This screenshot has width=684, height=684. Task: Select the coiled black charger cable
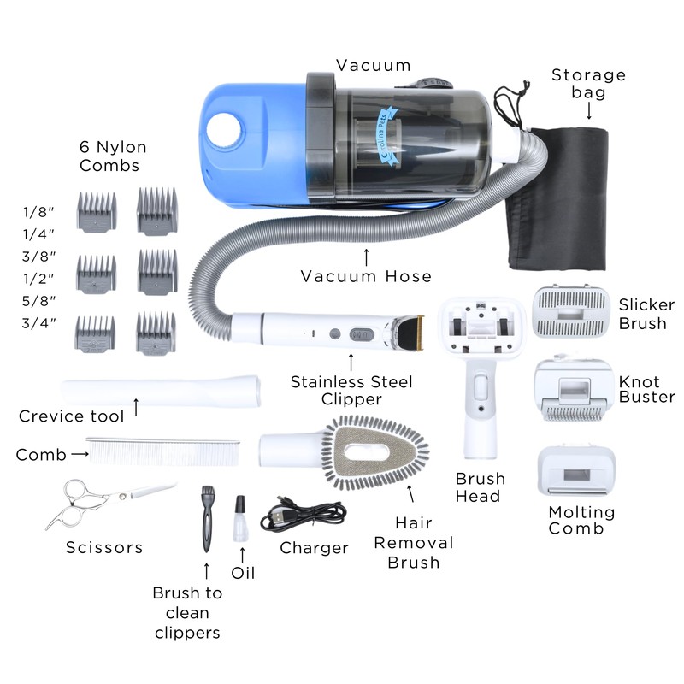304,516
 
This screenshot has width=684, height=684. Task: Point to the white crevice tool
161,391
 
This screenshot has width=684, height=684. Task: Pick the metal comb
163,452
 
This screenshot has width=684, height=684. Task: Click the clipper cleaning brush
207,519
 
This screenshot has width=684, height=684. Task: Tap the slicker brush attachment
570,311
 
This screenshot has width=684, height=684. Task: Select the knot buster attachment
574,390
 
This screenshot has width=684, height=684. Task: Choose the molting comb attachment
576,471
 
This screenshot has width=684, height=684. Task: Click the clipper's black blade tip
410,333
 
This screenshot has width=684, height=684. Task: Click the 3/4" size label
38,323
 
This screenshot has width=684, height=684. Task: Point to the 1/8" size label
38,212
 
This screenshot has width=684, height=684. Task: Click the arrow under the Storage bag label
589,111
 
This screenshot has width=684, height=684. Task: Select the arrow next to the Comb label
80,454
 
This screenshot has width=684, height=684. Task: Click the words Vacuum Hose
366,276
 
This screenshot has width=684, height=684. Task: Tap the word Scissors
104,547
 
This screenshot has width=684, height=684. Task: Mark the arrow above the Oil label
243,555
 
